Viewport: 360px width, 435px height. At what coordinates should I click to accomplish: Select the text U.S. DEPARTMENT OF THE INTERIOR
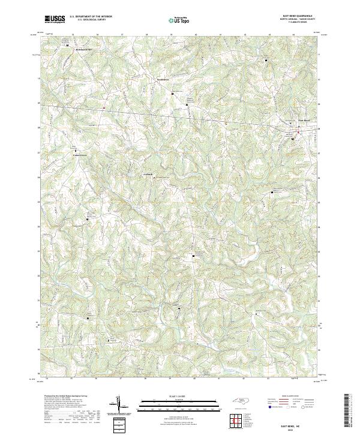click(x=91, y=17)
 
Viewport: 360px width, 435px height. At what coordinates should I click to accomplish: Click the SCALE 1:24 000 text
click(x=180, y=396)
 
